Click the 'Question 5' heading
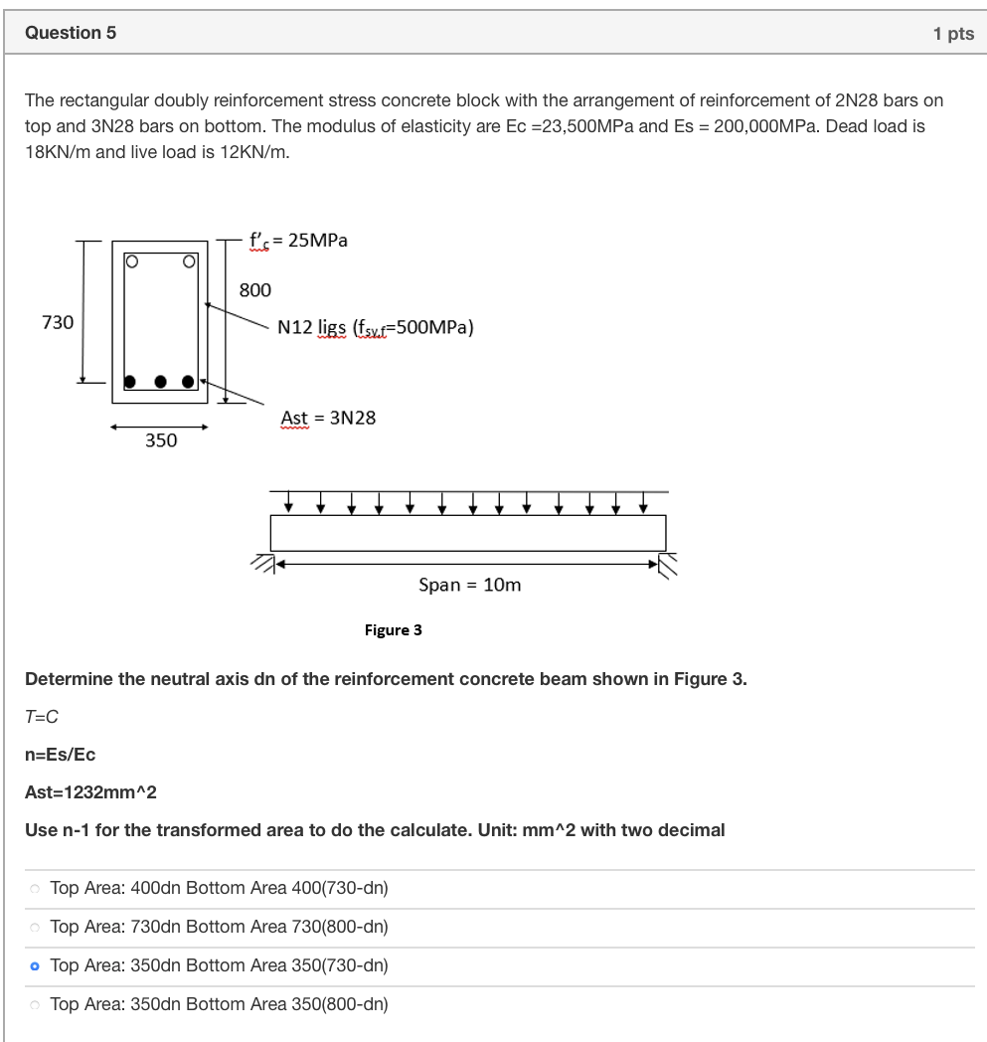71,33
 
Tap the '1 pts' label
953,34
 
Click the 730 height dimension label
58,322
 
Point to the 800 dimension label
254,290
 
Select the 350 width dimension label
161,439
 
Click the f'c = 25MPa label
297,241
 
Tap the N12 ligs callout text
375,327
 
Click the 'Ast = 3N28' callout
328,418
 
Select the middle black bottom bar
159,381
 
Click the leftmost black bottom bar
130,381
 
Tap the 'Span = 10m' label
469,585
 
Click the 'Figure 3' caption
393,630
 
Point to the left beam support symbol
261,564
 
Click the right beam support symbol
669,564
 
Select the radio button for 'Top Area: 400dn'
36,888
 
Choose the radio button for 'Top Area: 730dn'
36,927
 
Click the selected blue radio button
36,965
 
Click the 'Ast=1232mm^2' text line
89,792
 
